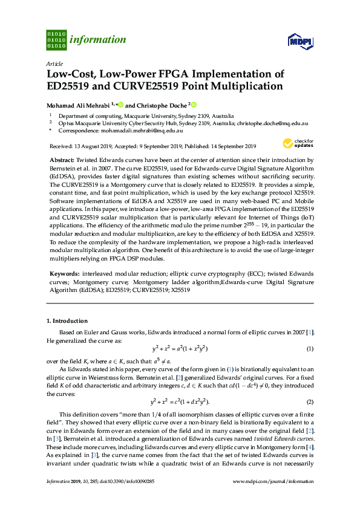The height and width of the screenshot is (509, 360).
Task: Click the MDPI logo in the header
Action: pos(300,41)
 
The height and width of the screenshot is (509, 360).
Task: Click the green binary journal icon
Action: pos(56,39)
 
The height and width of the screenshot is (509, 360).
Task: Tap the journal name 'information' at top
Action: pos(98,40)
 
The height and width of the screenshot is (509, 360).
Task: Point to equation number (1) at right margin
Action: pos(309,349)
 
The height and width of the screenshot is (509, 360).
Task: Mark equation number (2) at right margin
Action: pos(309,402)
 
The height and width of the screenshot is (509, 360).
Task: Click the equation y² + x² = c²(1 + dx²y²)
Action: pos(180,402)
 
